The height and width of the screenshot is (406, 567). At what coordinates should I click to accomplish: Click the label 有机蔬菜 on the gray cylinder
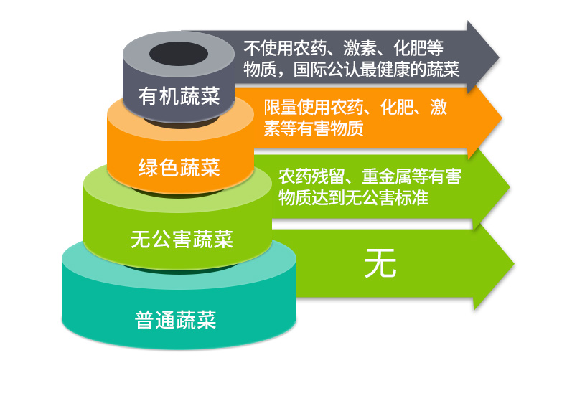179,96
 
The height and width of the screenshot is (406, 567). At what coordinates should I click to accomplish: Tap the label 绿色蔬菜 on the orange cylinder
179,168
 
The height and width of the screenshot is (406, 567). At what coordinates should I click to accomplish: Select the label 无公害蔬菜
182,238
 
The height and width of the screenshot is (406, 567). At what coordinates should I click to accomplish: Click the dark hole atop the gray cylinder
179,54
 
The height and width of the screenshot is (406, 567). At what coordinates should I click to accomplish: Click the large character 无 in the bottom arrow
380,265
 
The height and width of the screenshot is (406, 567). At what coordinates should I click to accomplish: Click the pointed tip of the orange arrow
500,119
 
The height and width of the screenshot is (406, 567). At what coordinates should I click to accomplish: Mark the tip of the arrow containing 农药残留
507,188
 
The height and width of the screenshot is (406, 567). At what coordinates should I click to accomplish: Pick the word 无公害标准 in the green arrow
386,197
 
